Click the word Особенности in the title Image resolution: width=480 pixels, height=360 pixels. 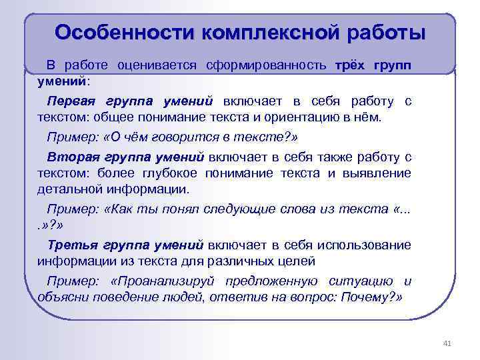point(124,33)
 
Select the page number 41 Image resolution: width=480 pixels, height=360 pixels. point(447,343)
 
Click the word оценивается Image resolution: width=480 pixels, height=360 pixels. point(157,65)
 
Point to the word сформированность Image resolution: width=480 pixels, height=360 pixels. point(266,65)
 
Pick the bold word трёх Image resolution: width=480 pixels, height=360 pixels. point(350,65)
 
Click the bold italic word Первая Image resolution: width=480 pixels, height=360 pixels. point(71,101)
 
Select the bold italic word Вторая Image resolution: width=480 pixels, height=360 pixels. point(73,157)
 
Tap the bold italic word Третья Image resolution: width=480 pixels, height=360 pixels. point(73,245)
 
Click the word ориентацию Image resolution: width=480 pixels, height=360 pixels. point(301,117)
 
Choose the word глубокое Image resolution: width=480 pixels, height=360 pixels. point(170,173)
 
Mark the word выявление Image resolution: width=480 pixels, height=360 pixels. point(377,173)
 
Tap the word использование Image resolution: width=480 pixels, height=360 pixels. point(364,245)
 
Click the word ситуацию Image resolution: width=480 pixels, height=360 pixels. point(361,281)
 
